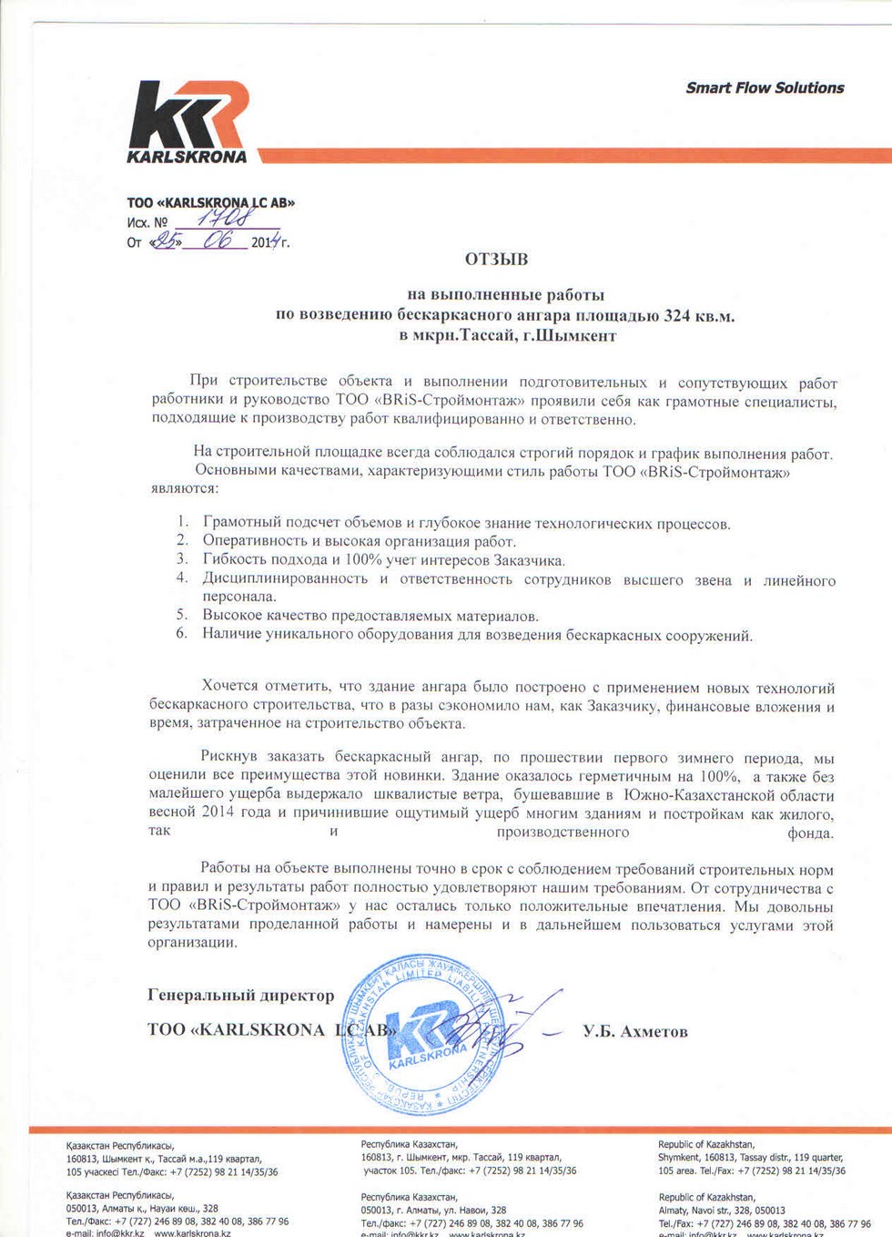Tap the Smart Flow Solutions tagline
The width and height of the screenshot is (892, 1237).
[x=765, y=87]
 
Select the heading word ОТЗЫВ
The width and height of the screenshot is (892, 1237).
[x=496, y=260]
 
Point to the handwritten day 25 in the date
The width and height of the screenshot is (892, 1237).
[x=166, y=241]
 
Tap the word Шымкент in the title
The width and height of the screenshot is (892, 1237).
[x=573, y=336]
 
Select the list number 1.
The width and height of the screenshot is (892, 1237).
[x=183, y=522]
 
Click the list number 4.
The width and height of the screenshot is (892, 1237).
[x=182, y=578]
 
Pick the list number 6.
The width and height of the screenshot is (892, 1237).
[x=182, y=633]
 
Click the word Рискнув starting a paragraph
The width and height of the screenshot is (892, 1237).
[x=228, y=757]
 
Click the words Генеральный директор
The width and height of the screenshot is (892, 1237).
[x=240, y=996]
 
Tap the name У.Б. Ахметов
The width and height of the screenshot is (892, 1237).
[x=635, y=1032]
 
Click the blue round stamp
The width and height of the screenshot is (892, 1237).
[x=424, y=1034]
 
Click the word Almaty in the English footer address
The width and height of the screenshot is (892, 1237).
[x=674, y=1210]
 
